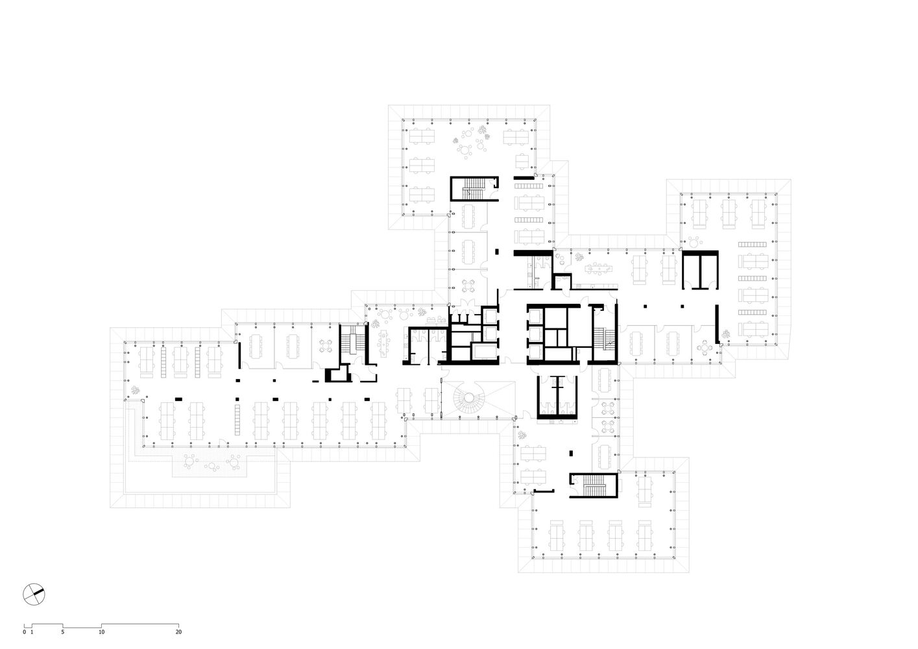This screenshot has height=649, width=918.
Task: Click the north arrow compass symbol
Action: [x=34, y=594]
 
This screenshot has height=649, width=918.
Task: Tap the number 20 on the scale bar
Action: [x=178, y=631]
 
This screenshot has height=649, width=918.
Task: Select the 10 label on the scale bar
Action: [x=101, y=631]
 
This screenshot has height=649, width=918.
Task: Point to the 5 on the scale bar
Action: [x=63, y=631]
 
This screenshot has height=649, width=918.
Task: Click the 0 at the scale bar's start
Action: [x=24, y=631]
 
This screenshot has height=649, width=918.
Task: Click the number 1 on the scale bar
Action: [x=32, y=631]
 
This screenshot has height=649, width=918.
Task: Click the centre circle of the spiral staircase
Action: [x=469, y=397]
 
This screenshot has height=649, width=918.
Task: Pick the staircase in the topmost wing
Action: [x=474, y=189]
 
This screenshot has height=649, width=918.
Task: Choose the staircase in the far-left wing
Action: [x=352, y=343]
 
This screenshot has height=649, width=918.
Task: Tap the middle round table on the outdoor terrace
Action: [x=211, y=466]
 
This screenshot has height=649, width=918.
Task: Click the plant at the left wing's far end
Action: [x=135, y=390]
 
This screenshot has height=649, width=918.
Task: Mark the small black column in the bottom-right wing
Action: [x=571, y=453]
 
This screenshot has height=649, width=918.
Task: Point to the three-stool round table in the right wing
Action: [x=694, y=241]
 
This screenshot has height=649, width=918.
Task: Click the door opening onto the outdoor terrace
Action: [x=223, y=443]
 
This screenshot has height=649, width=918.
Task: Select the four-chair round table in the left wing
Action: [x=326, y=346]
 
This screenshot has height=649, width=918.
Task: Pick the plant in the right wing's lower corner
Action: [x=726, y=334]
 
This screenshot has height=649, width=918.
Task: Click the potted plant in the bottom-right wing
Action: [x=522, y=435]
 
